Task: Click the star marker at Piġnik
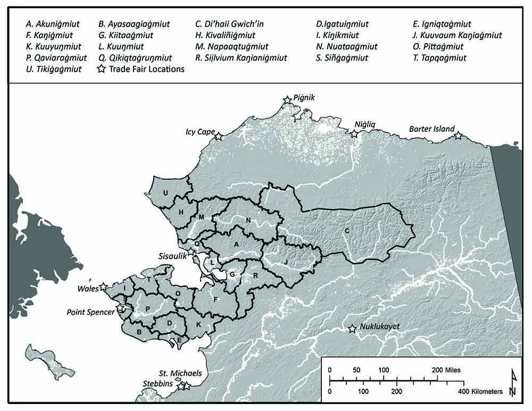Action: click(x=287, y=100)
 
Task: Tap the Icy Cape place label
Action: click(x=200, y=131)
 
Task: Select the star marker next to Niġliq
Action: click(x=354, y=134)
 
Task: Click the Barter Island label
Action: click(x=431, y=129)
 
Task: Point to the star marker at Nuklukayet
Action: click(x=352, y=329)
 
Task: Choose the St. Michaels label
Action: click(x=181, y=373)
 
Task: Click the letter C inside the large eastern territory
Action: click(x=347, y=231)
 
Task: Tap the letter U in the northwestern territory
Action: click(x=166, y=193)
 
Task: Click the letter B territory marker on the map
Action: click(x=139, y=332)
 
